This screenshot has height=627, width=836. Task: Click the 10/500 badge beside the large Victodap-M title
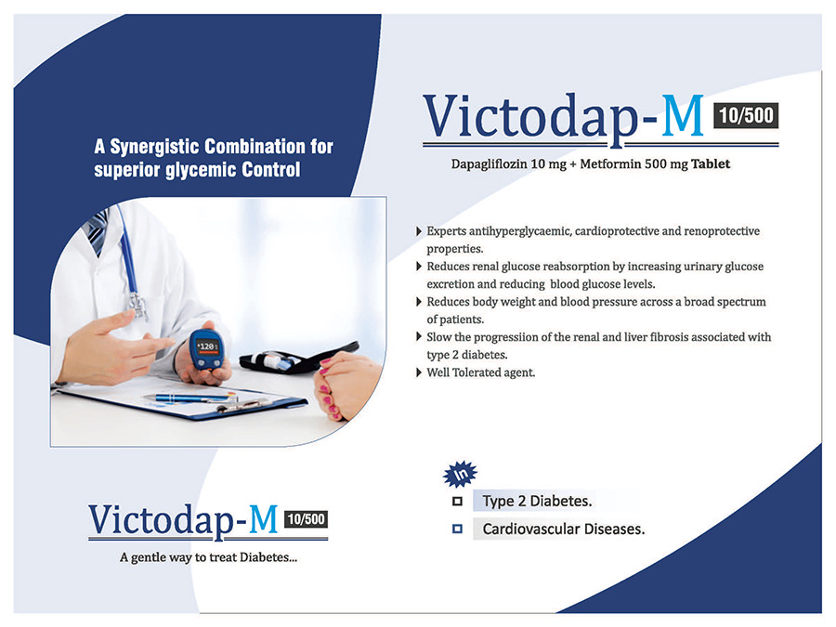click(x=746, y=115)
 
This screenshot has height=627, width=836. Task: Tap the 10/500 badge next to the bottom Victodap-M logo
click(x=306, y=518)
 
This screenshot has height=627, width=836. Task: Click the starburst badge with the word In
click(x=460, y=474)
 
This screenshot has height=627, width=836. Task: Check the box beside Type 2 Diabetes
click(x=457, y=502)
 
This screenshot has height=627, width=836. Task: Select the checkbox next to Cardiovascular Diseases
click(x=457, y=529)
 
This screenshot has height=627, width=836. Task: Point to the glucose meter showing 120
click(x=207, y=349)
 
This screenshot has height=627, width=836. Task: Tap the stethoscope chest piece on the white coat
click(x=137, y=306)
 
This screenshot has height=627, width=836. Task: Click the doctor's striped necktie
click(x=96, y=230)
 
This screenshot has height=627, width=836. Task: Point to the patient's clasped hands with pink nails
click(x=344, y=384)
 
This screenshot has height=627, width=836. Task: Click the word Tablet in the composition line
click(x=711, y=163)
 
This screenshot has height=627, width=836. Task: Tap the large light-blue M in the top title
click(x=683, y=115)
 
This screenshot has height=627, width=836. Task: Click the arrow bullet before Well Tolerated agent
click(x=419, y=372)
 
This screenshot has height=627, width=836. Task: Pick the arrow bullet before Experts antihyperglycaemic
click(x=419, y=231)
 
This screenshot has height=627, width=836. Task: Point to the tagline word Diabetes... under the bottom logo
click(x=268, y=557)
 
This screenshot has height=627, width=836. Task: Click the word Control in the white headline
click(x=271, y=170)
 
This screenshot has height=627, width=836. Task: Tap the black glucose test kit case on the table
click(x=298, y=359)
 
